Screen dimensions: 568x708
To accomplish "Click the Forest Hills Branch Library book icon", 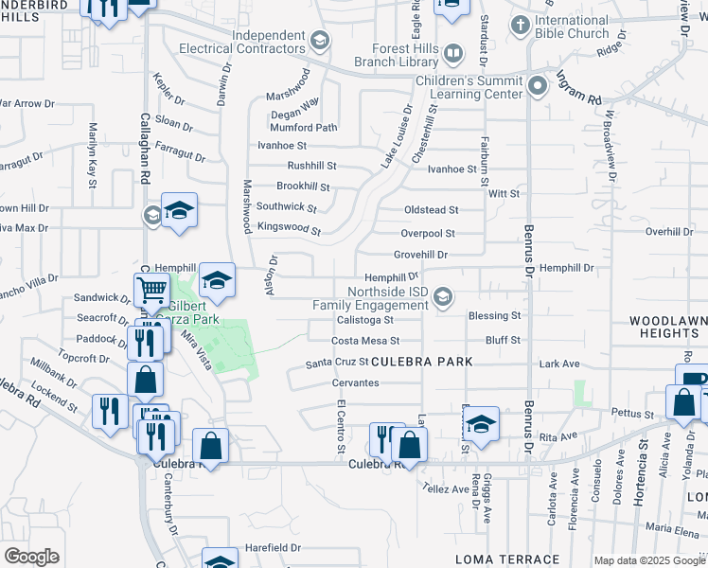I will click(453, 52).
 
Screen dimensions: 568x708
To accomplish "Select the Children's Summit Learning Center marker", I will click(539, 86).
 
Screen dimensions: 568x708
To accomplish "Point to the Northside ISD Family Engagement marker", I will click(442, 298).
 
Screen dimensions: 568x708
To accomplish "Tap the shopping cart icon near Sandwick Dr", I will click(151, 289).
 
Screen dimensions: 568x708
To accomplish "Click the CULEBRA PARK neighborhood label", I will click(421, 363).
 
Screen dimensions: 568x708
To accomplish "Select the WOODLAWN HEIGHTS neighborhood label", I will click(667, 328).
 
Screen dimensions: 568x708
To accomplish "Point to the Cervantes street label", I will click(355, 382).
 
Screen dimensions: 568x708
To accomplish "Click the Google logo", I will click(31, 557).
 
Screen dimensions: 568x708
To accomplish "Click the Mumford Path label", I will click(303, 128).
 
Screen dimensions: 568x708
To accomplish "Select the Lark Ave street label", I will click(558, 363).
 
